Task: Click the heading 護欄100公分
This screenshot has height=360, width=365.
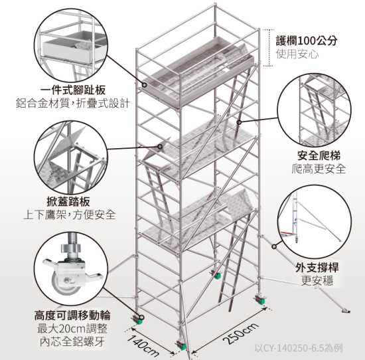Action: point(307,41)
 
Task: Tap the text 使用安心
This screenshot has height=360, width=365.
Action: point(297,54)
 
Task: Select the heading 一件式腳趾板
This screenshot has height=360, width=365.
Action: point(73,90)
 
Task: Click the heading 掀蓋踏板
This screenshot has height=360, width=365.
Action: point(68,201)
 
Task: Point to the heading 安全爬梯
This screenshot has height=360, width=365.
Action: point(319,155)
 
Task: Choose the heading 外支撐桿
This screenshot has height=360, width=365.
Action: point(317,267)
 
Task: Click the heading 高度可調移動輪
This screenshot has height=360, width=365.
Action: point(72,315)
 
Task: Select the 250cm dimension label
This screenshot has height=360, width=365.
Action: point(240,333)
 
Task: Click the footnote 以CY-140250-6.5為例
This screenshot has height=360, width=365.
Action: point(299,348)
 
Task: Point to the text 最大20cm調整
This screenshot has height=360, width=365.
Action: point(72,329)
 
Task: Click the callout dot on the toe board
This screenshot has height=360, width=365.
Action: point(144,85)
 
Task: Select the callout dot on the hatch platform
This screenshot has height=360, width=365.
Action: point(160,146)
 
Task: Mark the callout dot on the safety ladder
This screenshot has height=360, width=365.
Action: point(239,122)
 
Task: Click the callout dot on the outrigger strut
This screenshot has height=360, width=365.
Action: point(274,246)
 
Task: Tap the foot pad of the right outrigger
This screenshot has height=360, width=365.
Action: point(346,310)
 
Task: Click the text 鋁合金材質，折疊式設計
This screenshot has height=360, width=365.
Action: point(73,103)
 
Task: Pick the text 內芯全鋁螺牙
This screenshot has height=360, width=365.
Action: point(72,342)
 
